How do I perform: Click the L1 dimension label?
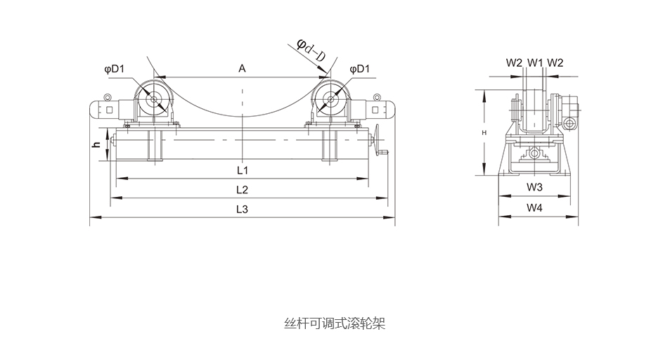(x=242, y=170)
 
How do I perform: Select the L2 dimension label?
(x=242, y=190)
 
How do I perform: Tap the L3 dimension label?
(x=242, y=210)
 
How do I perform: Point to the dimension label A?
(x=242, y=68)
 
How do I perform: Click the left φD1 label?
(x=114, y=69)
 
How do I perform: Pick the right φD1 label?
(x=359, y=69)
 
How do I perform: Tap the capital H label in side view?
(x=484, y=132)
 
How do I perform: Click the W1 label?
(x=535, y=63)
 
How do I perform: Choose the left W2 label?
(x=515, y=63)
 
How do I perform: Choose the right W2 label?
(x=555, y=63)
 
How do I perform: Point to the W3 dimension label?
(x=535, y=187)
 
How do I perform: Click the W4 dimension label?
(x=535, y=207)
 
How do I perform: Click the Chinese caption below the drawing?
(x=335, y=324)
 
